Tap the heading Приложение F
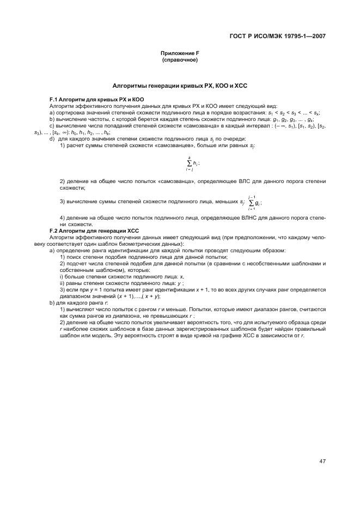180,53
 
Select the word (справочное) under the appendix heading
180,59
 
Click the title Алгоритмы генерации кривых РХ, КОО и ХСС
180,86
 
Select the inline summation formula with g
252,203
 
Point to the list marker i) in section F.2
62,277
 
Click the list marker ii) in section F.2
62,283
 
